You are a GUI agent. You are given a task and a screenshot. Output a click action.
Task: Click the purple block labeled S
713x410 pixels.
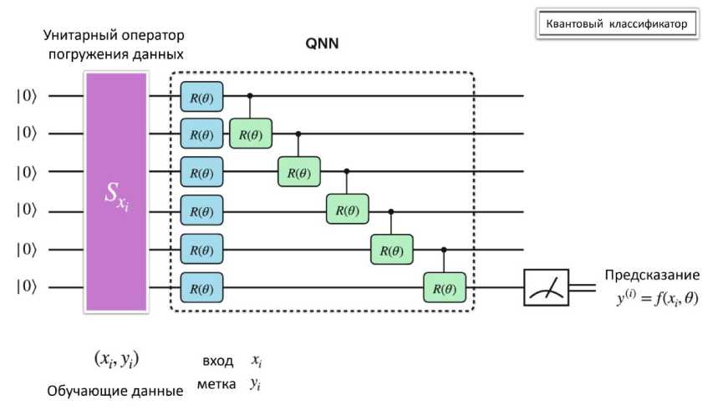pyautogui.click(x=115, y=192)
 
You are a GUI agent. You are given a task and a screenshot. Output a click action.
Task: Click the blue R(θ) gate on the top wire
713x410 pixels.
pyautogui.click(x=201, y=96)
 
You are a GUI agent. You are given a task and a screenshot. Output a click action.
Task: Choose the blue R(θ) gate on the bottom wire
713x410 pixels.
pyautogui.click(x=201, y=289)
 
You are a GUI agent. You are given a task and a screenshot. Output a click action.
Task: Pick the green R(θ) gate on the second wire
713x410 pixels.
pyautogui.click(x=251, y=134)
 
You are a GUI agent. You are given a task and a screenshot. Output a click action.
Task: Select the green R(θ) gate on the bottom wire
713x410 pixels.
pyautogui.click(x=445, y=289)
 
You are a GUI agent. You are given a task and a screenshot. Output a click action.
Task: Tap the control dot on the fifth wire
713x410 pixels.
pyautogui.click(x=444, y=250)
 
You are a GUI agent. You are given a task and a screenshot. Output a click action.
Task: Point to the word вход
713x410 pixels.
pyautogui.click(x=217, y=362)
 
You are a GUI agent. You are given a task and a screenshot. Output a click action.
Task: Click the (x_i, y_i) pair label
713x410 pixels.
pyautogui.click(x=115, y=361)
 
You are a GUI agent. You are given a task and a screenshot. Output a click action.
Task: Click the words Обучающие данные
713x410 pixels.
pyautogui.click(x=114, y=390)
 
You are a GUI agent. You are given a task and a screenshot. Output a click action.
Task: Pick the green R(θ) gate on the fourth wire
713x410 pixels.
pyautogui.click(x=348, y=210)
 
